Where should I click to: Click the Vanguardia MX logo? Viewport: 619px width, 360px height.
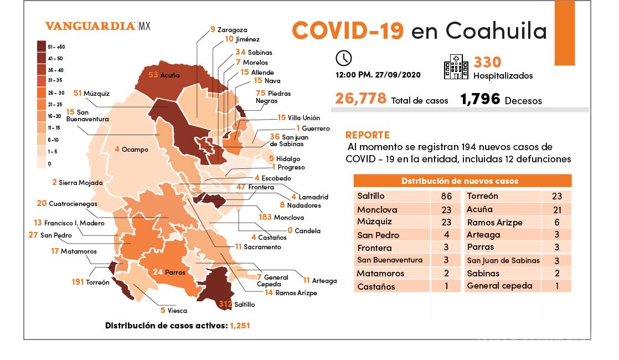click(97, 26)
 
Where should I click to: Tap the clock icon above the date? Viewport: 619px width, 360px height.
click(343, 58)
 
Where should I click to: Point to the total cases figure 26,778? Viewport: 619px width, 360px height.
click(360, 99)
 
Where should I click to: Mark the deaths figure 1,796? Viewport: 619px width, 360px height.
click(480, 100)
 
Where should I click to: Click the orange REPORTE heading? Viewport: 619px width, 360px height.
click(367, 135)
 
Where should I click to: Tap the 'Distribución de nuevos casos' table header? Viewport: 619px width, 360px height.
click(462, 181)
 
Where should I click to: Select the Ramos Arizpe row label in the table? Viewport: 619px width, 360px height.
click(494, 223)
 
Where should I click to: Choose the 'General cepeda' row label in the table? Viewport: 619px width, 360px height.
click(499, 286)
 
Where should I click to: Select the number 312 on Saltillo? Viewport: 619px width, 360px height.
click(225, 304)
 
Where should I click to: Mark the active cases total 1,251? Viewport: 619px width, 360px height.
click(239, 326)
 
